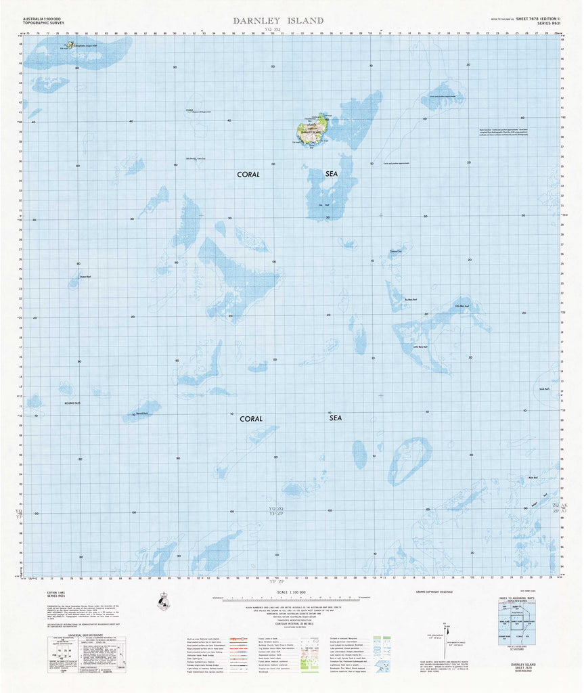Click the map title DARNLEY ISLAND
278,21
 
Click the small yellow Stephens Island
70,46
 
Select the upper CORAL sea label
248,175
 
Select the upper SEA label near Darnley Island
331,174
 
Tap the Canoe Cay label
395,252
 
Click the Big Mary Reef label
411,299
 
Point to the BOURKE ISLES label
72,403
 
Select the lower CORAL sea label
250,419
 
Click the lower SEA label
336,418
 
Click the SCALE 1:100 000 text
292,592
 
